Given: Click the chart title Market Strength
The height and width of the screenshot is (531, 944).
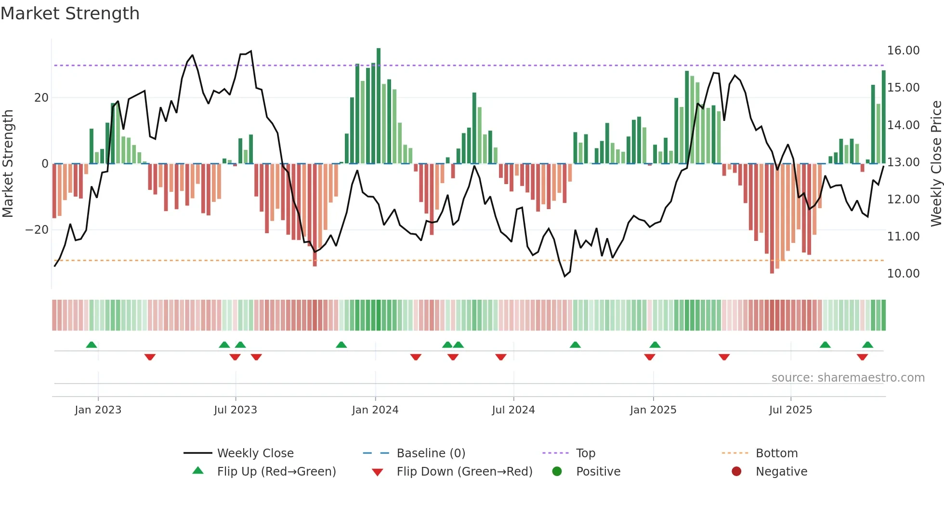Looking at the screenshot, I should click(70, 13).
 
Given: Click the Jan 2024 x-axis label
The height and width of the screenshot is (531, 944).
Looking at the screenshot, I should click(375, 410).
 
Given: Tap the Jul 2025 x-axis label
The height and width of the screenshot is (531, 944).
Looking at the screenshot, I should click(790, 410).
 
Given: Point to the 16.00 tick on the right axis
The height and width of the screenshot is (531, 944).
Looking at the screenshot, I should click(903, 51).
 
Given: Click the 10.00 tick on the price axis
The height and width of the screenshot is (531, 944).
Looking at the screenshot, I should click(903, 274).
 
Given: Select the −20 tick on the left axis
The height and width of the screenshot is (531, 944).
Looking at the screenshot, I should click(37, 230).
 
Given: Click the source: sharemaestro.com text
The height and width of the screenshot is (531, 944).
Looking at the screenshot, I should click(848, 378).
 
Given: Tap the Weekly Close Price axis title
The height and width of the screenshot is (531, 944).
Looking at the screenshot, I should click(936, 164).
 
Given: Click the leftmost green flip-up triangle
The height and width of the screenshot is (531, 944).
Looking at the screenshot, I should click(92, 345).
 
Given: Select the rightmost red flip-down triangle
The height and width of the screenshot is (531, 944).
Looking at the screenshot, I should click(862, 357).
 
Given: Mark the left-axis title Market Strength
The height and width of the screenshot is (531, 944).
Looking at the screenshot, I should click(8, 164).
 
